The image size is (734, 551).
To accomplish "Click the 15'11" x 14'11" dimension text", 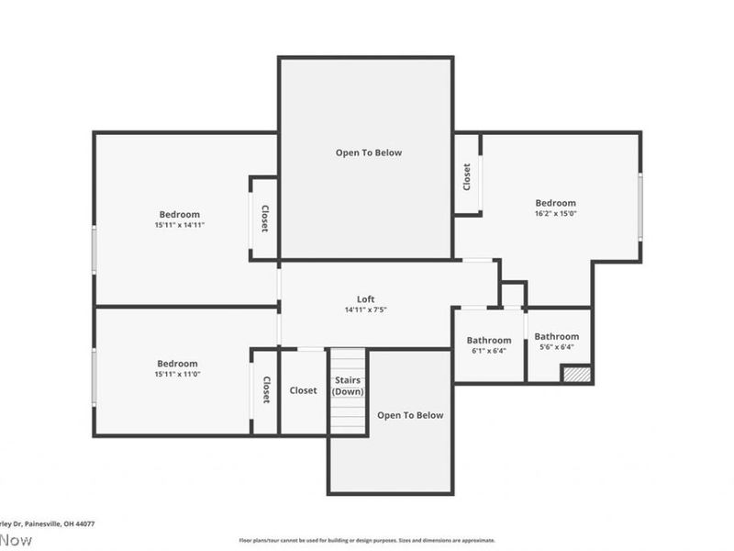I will (179, 225).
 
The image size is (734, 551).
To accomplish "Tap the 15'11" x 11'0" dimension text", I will (177, 375).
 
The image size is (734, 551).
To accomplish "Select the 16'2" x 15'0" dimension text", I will (555, 213).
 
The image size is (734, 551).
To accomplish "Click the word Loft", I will (365, 299).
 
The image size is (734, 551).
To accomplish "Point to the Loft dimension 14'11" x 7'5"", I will (365, 310).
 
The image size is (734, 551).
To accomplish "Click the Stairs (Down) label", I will (348, 386).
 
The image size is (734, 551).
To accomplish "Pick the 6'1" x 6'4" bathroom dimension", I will (488, 350).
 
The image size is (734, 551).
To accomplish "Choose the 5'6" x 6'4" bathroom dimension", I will (557, 347).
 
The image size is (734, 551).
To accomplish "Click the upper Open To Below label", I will (368, 152).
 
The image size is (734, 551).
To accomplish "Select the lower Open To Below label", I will (410, 415).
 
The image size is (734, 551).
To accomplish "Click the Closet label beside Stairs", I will (303, 390).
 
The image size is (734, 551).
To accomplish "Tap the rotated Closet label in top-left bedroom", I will (264, 219).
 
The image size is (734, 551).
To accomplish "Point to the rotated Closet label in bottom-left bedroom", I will (265, 389).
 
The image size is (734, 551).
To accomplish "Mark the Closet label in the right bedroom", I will (467, 175).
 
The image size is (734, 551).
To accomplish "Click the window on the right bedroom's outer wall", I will (640, 207).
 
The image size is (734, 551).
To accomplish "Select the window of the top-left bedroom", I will (94, 249).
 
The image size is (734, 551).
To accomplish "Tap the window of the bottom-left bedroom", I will (94, 377).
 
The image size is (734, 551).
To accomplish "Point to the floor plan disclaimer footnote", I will (367, 540).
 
